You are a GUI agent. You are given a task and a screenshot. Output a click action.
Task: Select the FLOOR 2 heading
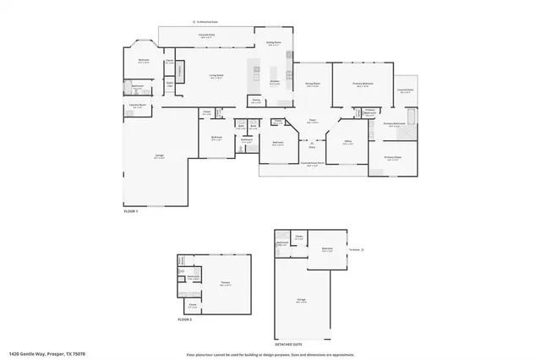pyautogui.click(x=185, y=320)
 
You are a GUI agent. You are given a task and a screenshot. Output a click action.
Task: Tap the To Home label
pyautogui.click(x=356, y=250)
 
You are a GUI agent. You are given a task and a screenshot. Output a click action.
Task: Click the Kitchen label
pyautogui.click(x=274, y=82)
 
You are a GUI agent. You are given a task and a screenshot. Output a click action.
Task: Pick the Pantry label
pyautogui.click(x=255, y=100)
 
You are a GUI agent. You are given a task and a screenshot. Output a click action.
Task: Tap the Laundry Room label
pyautogui.click(x=139, y=106)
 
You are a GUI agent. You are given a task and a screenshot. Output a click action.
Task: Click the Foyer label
pyautogui.click(x=312, y=121)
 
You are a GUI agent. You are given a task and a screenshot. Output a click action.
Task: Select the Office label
pyautogui.click(x=347, y=142)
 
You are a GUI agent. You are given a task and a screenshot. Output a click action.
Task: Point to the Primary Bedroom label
pyautogui.click(x=363, y=83)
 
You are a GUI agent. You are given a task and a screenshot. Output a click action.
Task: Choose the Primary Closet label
pyautogui.click(x=393, y=157)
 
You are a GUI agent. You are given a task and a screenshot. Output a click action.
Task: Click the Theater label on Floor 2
pyautogui.click(x=225, y=283)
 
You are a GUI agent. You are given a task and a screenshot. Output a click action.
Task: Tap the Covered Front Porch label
pyautogui.click(x=312, y=164)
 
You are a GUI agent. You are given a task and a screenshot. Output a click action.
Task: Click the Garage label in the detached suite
pyautogui.click(x=301, y=299)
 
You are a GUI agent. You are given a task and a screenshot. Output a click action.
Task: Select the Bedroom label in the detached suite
pyautogui.click(x=327, y=248)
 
